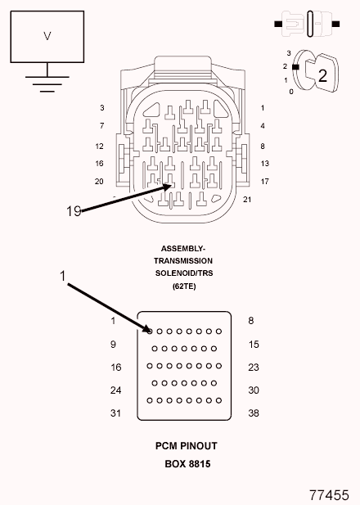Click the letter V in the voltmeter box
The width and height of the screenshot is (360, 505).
point(47,36)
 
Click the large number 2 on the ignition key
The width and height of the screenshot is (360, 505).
point(322,75)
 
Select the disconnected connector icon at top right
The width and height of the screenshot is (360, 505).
point(307,24)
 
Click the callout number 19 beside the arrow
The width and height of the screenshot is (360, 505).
point(74,211)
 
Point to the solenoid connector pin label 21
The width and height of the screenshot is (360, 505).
point(247,200)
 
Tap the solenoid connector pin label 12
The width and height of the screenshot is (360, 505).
point(100,147)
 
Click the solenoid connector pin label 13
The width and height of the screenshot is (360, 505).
point(265,164)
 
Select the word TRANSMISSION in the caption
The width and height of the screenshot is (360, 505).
point(183,261)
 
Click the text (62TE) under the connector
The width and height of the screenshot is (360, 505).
point(184,286)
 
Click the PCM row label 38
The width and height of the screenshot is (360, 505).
point(254,413)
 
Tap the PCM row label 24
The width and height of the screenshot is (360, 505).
point(115,390)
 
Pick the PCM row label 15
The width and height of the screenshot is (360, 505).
point(254,345)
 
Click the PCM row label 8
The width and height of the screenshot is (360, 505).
point(251,321)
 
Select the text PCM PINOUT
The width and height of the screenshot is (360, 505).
point(187,446)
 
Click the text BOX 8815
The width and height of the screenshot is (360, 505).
point(187,464)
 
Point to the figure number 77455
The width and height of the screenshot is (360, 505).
point(329,495)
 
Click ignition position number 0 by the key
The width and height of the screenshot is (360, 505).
point(291,92)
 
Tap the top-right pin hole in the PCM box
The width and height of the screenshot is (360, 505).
point(219,331)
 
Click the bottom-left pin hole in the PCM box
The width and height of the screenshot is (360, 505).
point(150,401)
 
